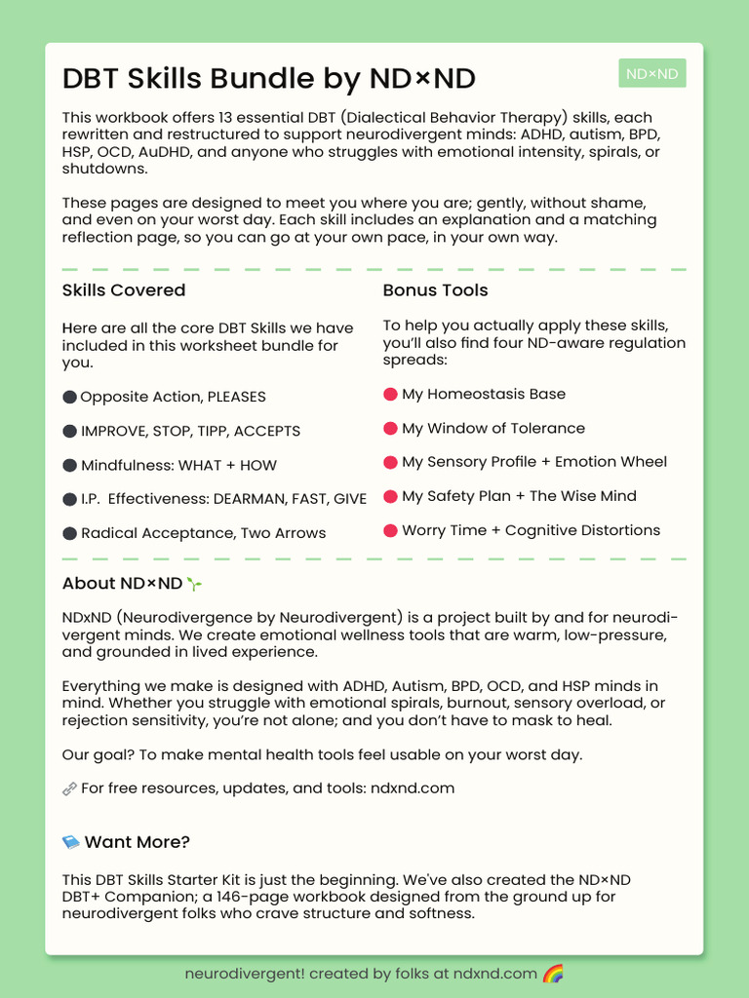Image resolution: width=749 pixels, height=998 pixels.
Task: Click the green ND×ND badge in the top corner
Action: click(651, 73)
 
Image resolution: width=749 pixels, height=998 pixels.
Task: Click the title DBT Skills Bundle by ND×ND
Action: click(268, 79)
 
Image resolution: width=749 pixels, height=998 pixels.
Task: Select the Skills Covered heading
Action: click(123, 290)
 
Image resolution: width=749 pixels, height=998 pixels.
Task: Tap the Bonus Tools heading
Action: click(435, 290)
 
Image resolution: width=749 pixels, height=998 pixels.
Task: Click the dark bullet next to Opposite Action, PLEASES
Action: click(69, 397)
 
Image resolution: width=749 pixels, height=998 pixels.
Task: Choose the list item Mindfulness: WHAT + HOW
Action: click(178, 465)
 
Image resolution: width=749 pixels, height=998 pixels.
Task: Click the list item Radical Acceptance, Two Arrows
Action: click(203, 533)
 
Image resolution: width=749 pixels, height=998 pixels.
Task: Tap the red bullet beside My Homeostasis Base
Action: click(390, 394)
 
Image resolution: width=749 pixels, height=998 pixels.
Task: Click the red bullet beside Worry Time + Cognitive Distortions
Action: click(390, 530)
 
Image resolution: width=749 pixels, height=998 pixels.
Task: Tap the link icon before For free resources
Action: click(69, 788)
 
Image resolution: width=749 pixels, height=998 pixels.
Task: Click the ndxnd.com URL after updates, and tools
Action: click(412, 787)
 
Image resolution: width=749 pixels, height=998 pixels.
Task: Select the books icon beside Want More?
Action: click(70, 842)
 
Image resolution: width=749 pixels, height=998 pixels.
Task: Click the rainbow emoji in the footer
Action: click(553, 974)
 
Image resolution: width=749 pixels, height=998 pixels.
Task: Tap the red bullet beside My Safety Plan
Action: click(390, 496)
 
